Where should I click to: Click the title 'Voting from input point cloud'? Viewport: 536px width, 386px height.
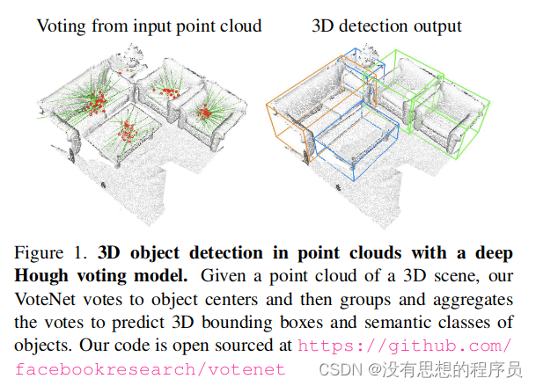click(x=148, y=25)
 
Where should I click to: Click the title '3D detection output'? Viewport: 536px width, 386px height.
click(x=386, y=25)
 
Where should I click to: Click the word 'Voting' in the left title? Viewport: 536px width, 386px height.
click(x=60, y=25)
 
